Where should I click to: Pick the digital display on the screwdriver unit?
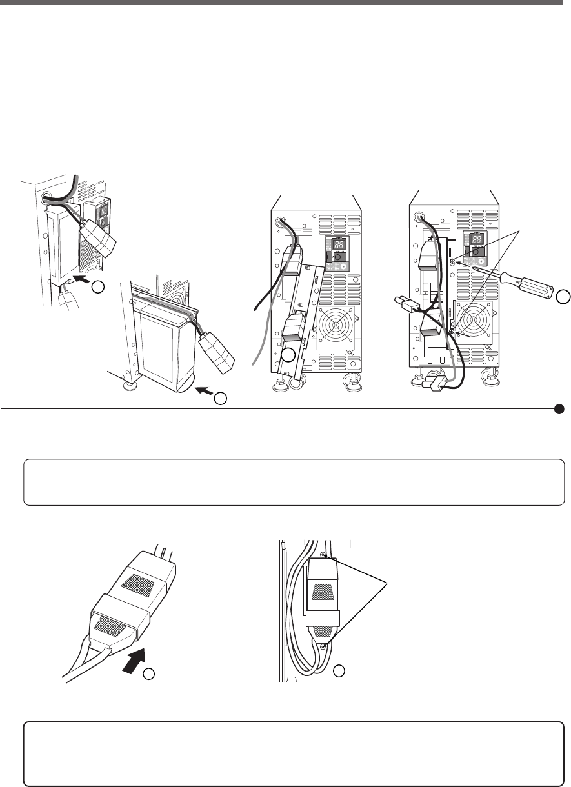(477, 239)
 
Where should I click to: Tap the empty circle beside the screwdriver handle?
(563, 296)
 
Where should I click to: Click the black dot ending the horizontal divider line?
(559, 408)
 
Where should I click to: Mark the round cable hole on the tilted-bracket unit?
(282, 222)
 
